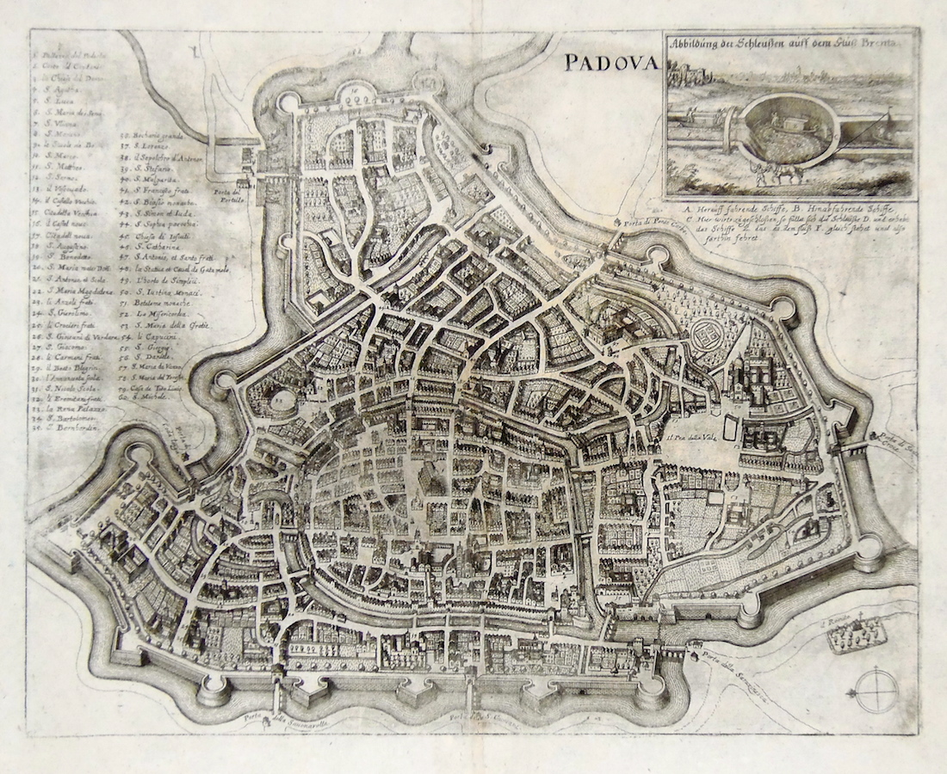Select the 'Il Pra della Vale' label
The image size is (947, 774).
(690, 436)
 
